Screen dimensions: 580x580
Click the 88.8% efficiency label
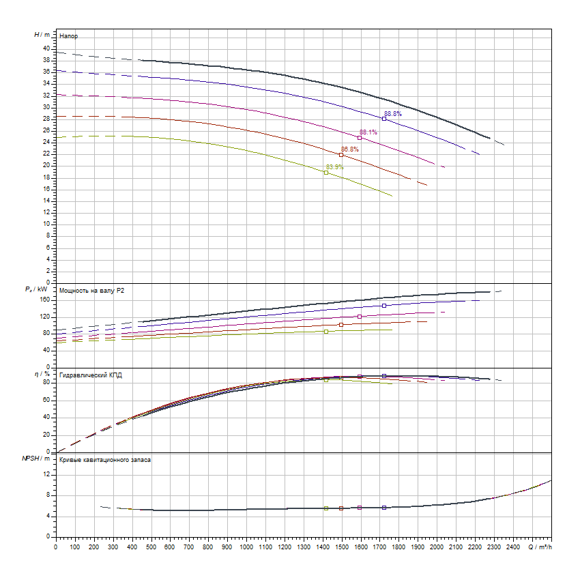[393, 114]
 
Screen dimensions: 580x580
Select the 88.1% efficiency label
[368, 132]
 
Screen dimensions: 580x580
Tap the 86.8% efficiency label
[350, 149]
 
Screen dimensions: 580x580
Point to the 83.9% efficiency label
[335, 166]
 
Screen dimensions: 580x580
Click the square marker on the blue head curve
[384, 119]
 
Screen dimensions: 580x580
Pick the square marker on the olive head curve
[326, 173]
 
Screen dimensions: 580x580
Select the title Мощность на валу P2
[92, 291]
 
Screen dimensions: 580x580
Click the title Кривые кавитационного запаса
[105, 460]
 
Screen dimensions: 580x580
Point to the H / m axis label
[42, 34]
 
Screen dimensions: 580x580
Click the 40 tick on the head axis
[46, 48]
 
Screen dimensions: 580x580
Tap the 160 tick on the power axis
[45, 299]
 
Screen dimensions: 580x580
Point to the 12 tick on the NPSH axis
[46, 473]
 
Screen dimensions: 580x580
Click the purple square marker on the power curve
[360, 317]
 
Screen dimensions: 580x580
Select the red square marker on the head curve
[341, 155]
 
